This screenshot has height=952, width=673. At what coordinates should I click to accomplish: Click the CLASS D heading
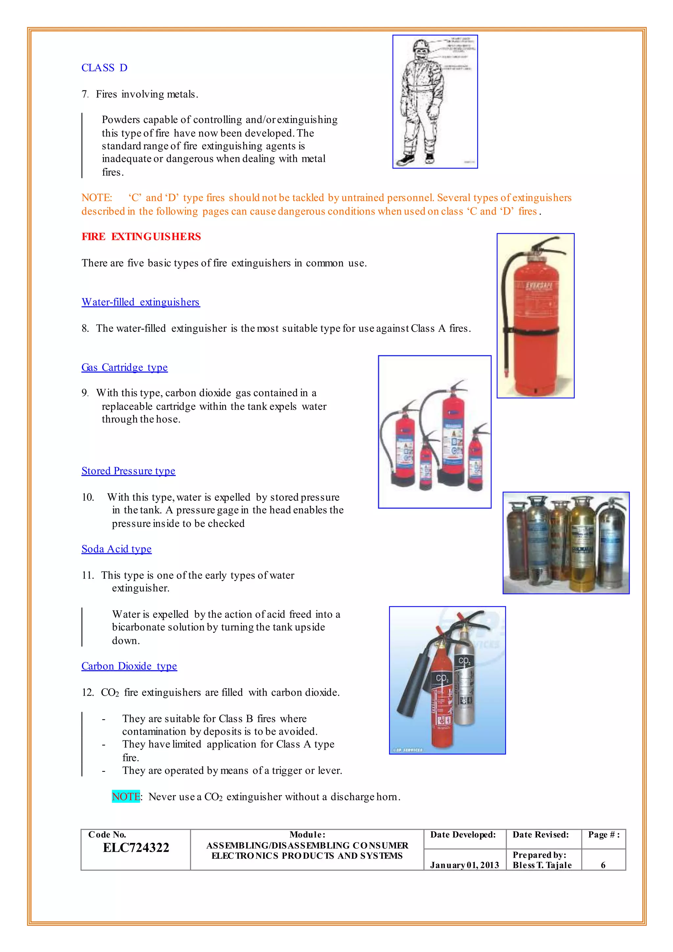pyautogui.click(x=104, y=68)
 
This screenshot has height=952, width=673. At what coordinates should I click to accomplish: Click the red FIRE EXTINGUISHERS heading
pyautogui.click(x=141, y=236)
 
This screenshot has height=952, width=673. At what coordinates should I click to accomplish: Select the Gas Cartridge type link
pyautogui.click(x=124, y=368)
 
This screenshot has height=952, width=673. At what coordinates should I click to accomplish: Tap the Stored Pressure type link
pyautogui.click(x=128, y=471)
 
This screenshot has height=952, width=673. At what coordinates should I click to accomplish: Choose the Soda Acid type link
pyautogui.click(x=116, y=549)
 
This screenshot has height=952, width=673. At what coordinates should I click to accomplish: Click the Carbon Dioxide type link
pyautogui.click(x=129, y=666)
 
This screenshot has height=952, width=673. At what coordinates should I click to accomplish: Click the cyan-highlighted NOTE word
pyautogui.click(x=126, y=797)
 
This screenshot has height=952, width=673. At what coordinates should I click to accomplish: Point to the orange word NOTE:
pyautogui.click(x=97, y=198)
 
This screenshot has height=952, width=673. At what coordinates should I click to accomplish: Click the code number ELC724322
pyautogui.click(x=136, y=847)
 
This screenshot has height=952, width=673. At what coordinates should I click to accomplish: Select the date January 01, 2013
pyautogui.click(x=464, y=865)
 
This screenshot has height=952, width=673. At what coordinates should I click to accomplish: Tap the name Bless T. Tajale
pyautogui.click(x=542, y=865)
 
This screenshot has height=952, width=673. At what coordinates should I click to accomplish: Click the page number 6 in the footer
pyautogui.click(x=603, y=865)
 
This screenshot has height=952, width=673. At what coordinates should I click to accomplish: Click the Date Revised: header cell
pyautogui.click(x=540, y=835)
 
